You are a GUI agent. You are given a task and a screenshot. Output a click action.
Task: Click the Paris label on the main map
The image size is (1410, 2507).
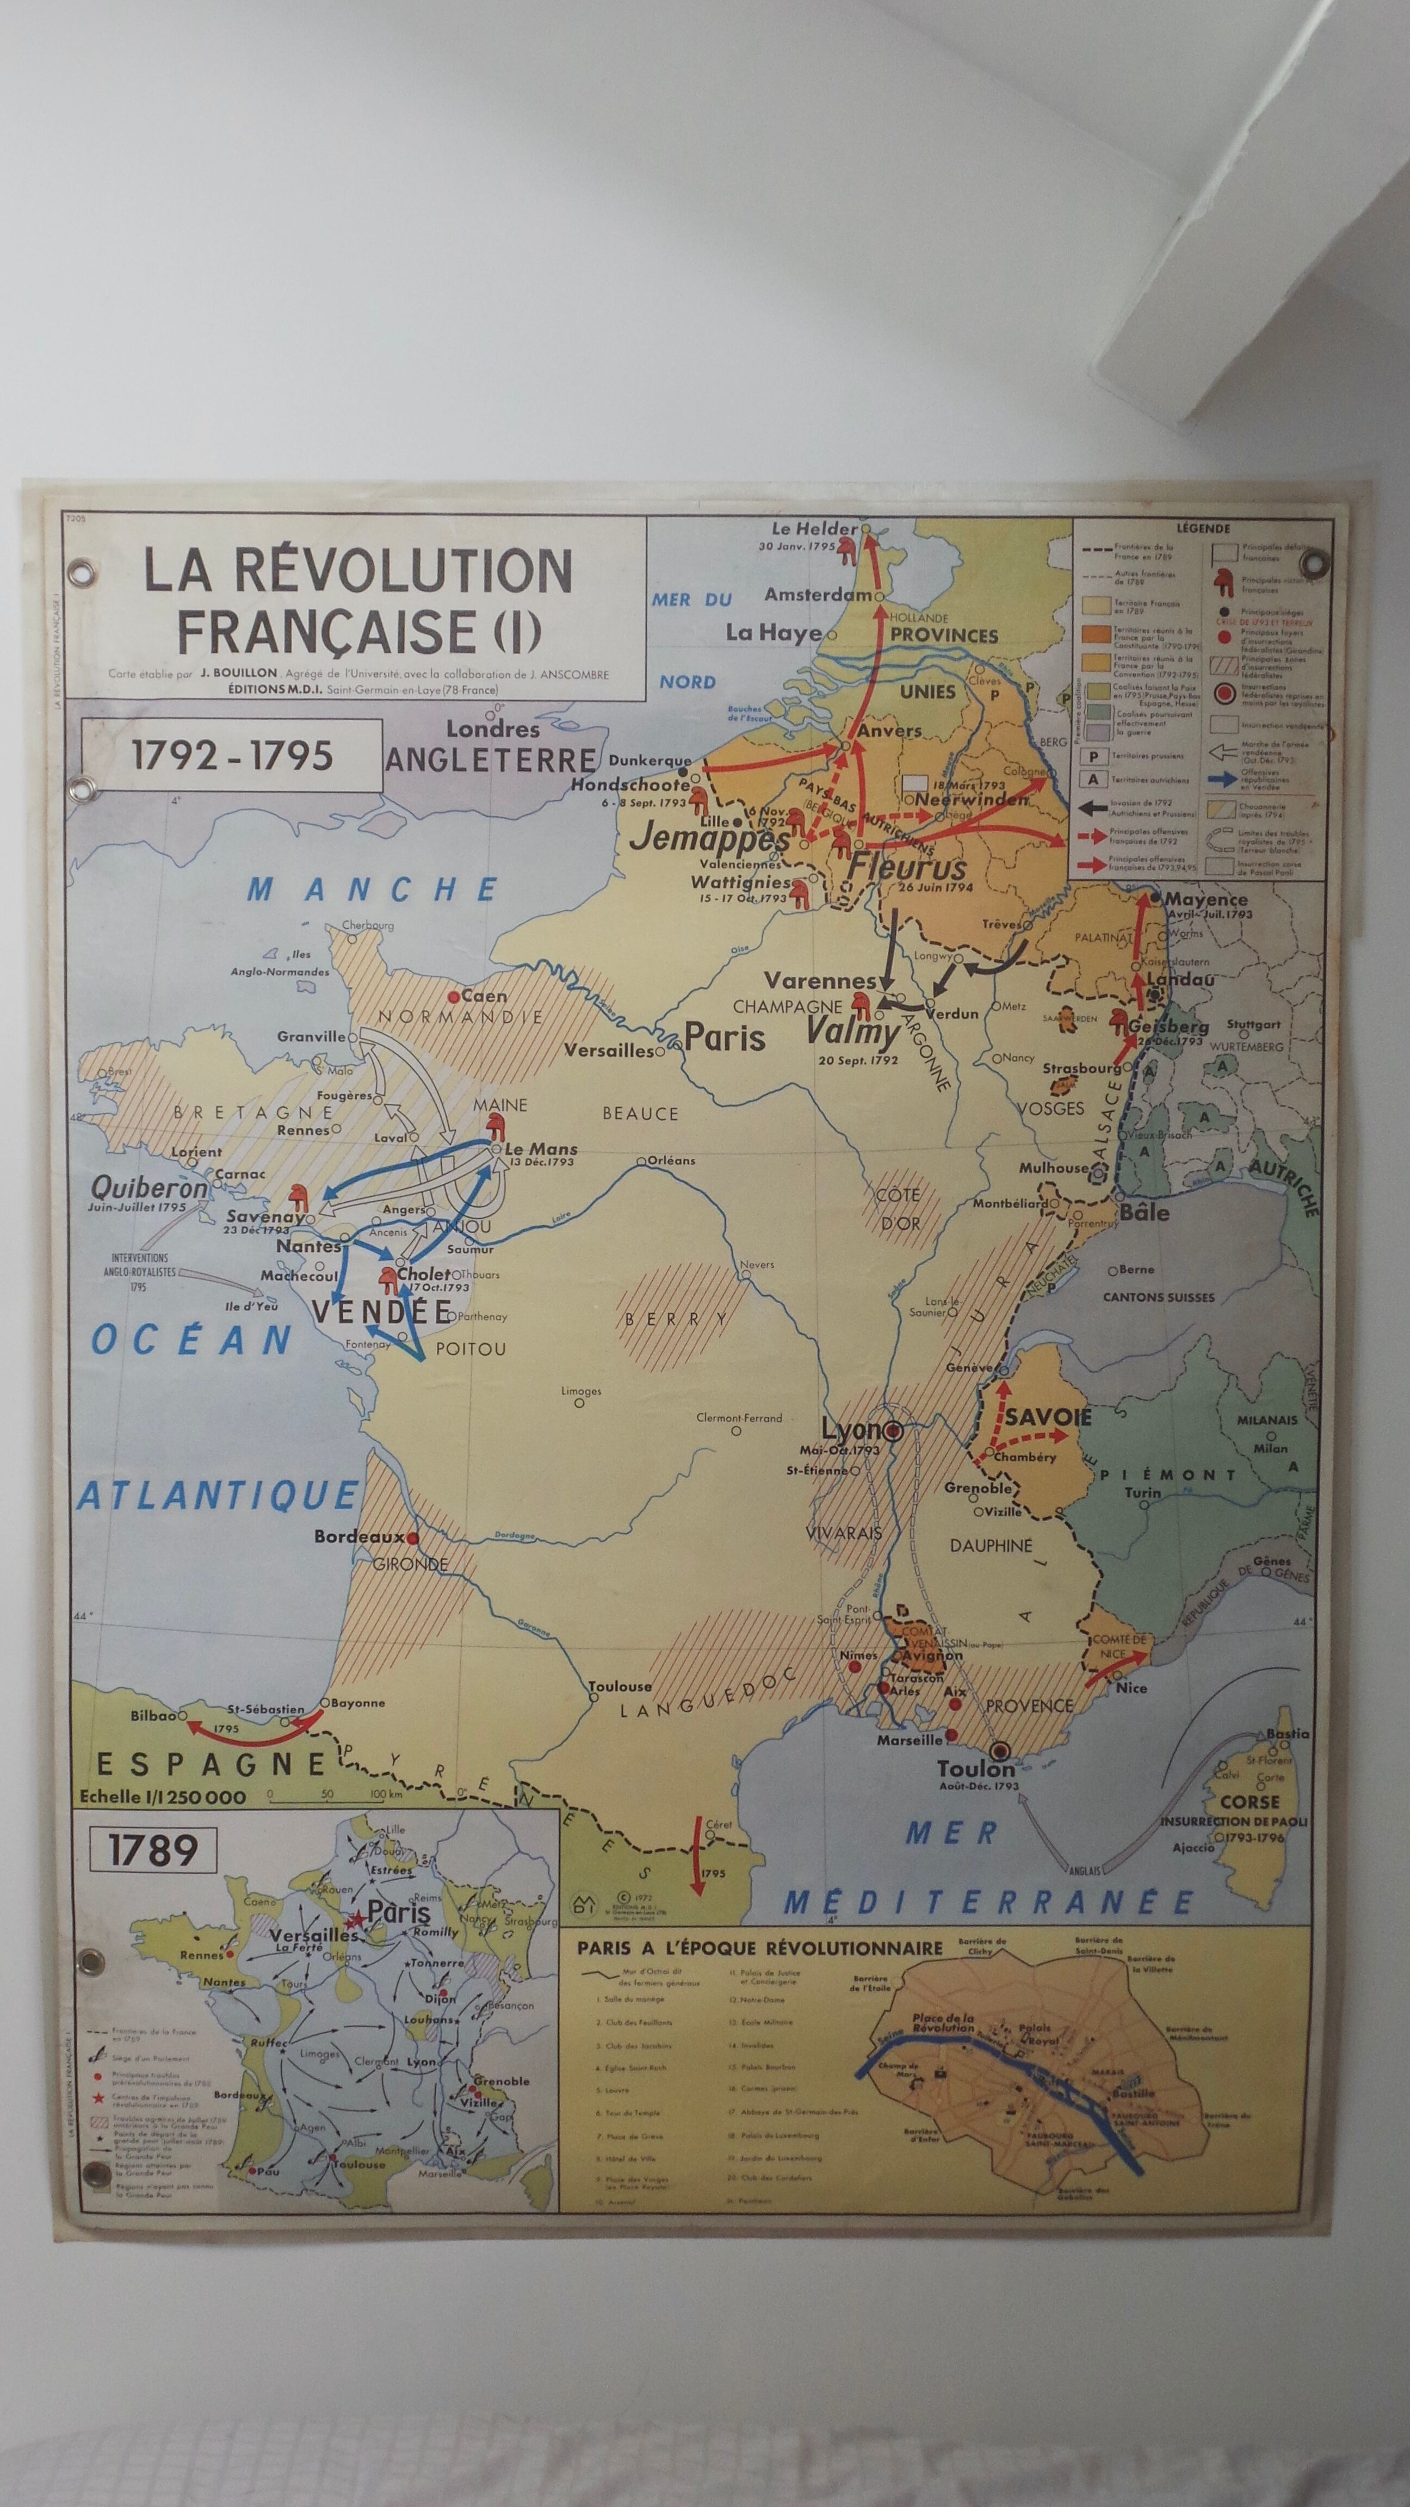[725, 1036]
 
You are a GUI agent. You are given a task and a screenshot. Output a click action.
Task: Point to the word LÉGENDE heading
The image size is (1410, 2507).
[1203, 528]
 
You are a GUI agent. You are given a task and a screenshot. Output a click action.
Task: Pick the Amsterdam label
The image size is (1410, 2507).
[818, 594]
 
